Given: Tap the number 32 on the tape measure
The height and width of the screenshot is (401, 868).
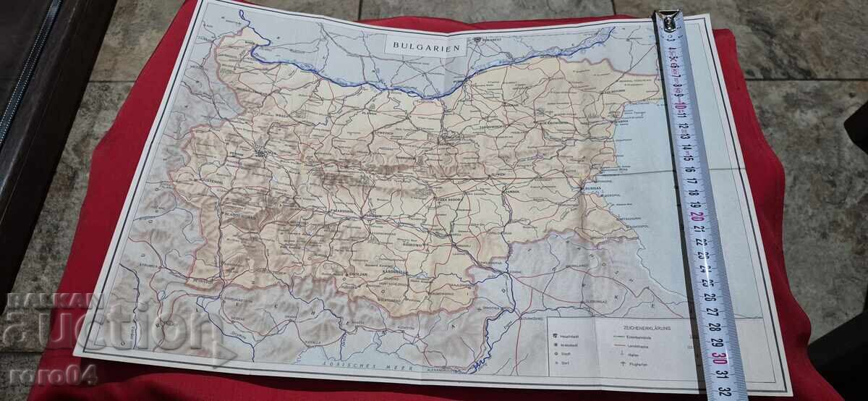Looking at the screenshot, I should click(x=723, y=389).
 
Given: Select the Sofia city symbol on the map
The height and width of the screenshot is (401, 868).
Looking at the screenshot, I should click(x=260, y=151).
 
